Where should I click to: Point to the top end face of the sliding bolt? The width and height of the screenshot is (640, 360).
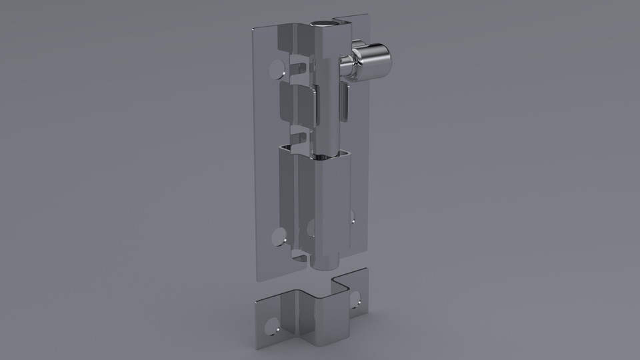[x=328, y=24]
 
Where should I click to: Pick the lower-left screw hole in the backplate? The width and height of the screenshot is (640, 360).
[x=279, y=235]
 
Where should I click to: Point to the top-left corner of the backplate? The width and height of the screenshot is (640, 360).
[x=253, y=30]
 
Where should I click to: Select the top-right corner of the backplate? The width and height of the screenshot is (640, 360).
[x=367, y=15]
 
